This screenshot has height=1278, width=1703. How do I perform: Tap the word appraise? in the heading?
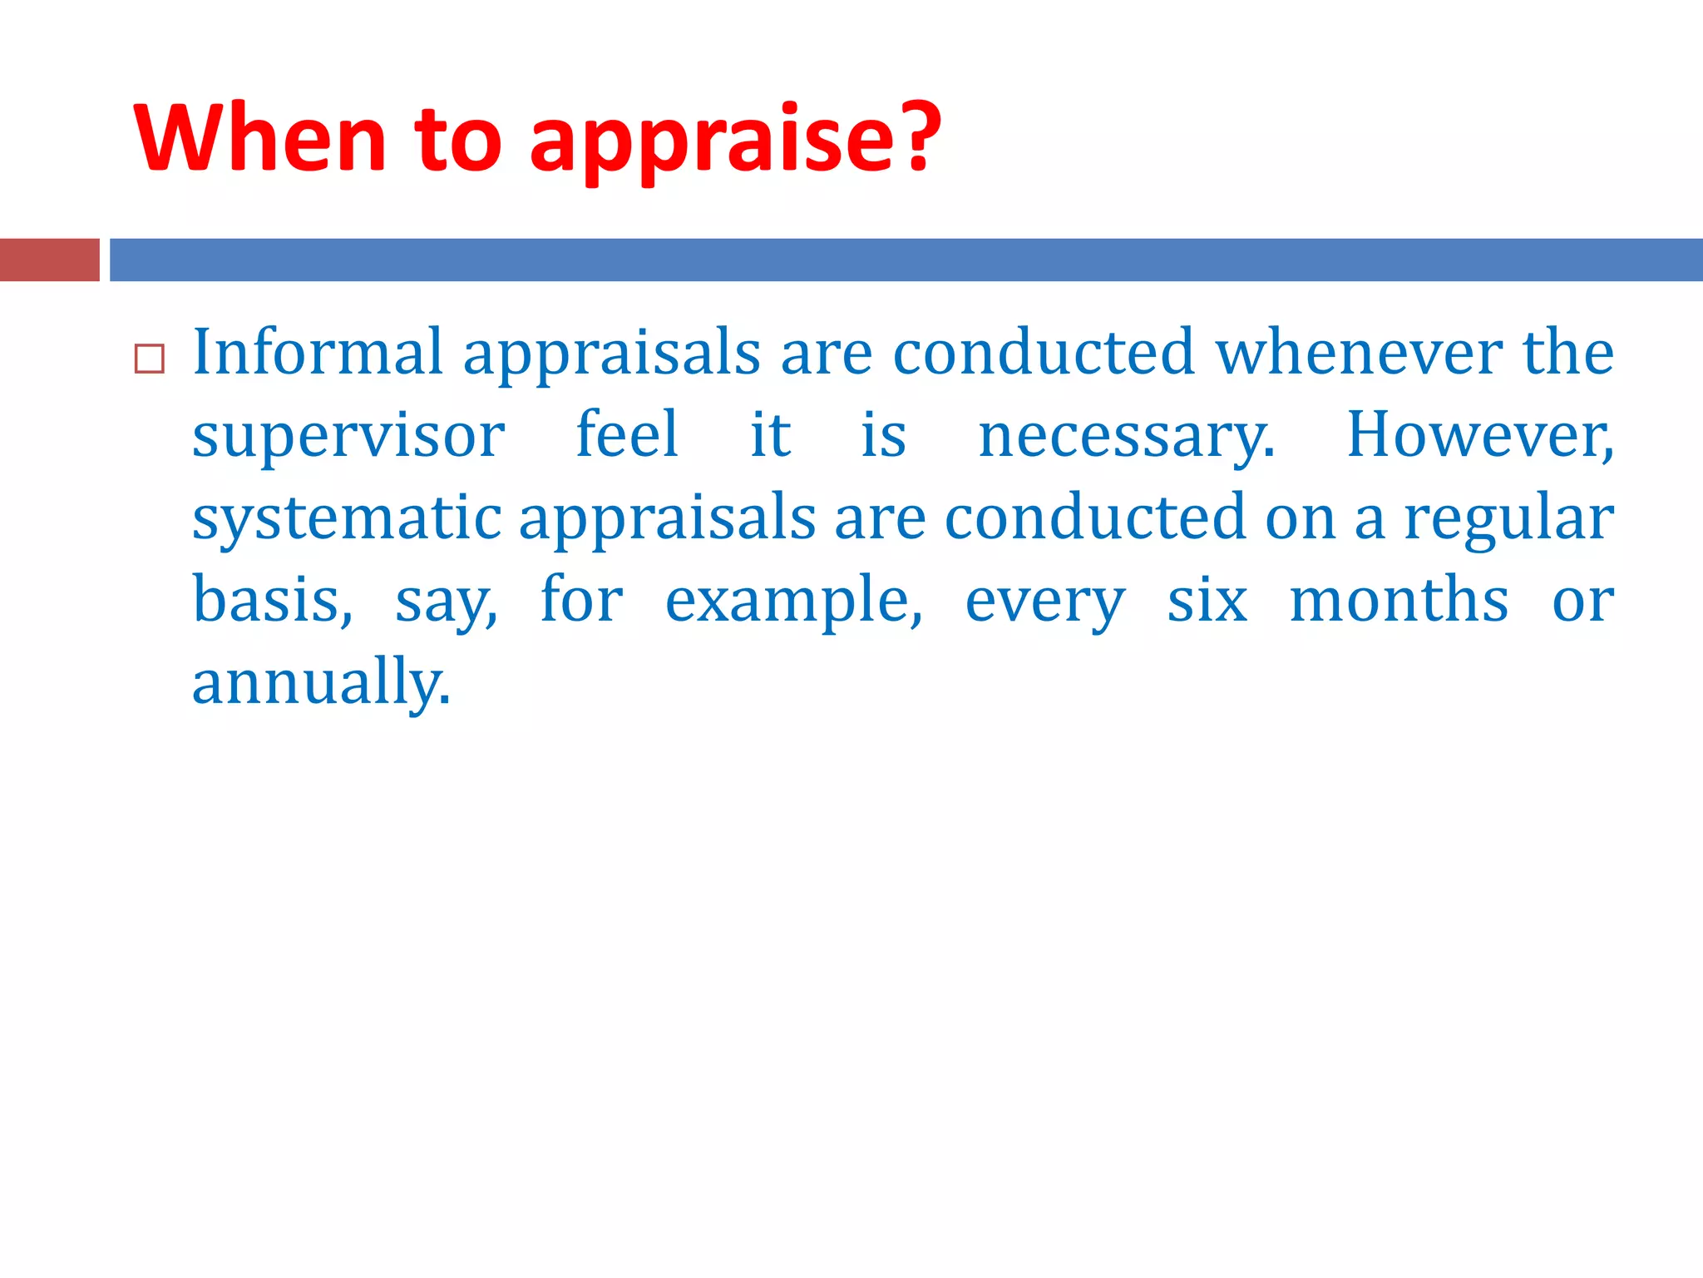pyautogui.click(x=735, y=140)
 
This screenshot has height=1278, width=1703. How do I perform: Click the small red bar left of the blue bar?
pyautogui.click(x=49, y=260)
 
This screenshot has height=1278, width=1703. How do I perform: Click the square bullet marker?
pyautogui.click(x=150, y=359)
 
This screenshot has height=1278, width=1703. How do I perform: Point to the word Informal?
pyautogui.click(x=318, y=352)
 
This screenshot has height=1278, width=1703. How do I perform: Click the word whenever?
pyautogui.click(x=1359, y=352)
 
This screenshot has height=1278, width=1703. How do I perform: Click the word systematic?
pyautogui.click(x=347, y=518)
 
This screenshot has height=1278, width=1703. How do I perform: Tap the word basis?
pyautogui.click(x=272, y=600)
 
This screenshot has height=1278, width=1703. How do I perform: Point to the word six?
pyautogui.click(x=1207, y=600)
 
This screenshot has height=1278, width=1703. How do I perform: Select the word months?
pyautogui.click(x=1399, y=600)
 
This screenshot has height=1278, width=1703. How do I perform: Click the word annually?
pyautogui.click(x=320, y=682)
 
